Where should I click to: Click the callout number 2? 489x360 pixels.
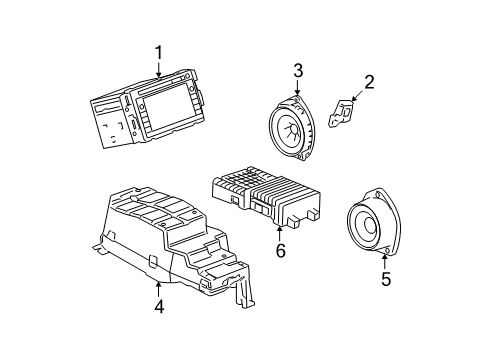click(369, 82)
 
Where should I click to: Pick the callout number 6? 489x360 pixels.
click(281, 251)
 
